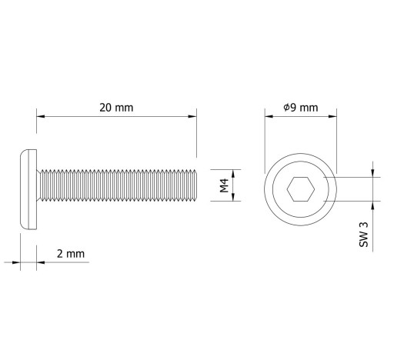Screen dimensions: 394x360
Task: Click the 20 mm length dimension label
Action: pos(116,108)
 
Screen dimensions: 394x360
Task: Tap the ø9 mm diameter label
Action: pos(301,108)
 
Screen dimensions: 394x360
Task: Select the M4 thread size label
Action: pos(224,185)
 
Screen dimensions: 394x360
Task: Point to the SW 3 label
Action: pos(363,235)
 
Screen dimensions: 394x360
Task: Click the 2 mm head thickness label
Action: pos(71,254)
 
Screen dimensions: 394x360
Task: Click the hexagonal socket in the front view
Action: pos(301,189)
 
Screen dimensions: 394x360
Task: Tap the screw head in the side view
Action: pos(28,189)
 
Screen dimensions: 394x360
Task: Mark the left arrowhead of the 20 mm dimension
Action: pos(41,116)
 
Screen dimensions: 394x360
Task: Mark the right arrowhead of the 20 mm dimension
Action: pos(192,116)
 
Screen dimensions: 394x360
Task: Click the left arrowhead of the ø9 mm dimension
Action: pos(269,116)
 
